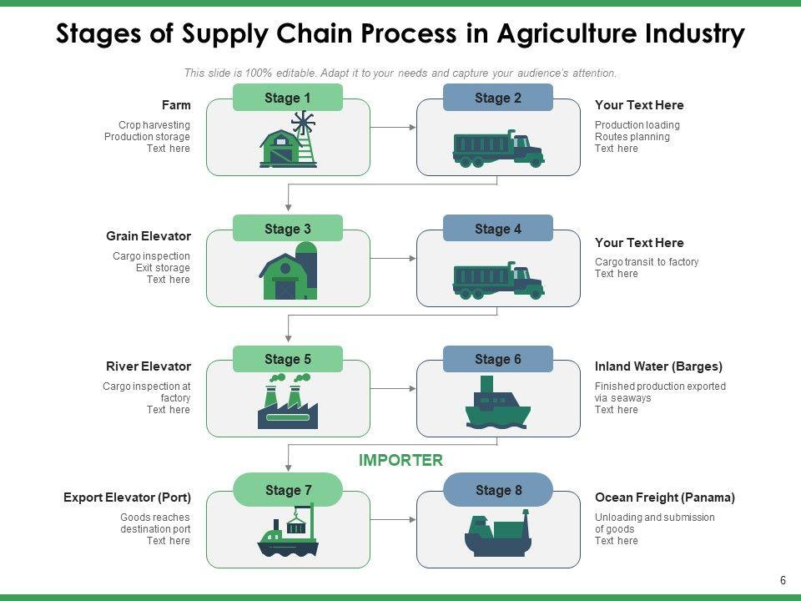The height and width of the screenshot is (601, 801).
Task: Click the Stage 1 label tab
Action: [x=287, y=98]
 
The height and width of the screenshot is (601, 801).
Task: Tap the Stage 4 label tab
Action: [x=497, y=229]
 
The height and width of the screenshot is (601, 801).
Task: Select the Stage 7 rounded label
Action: [x=287, y=490]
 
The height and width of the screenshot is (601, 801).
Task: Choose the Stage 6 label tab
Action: [x=497, y=360]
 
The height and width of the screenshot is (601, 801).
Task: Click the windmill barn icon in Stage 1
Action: [x=289, y=142]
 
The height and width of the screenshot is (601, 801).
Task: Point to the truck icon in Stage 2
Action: [x=498, y=149]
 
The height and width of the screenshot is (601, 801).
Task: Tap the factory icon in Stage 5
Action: [x=288, y=402]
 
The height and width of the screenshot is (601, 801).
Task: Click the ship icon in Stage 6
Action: [x=497, y=403]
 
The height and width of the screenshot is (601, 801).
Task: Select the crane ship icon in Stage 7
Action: [x=288, y=532]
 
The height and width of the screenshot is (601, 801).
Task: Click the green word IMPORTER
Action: [x=400, y=461]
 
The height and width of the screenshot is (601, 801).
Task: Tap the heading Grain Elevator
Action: [x=149, y=236]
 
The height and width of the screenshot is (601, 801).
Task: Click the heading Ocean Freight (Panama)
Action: [x=664, y=497]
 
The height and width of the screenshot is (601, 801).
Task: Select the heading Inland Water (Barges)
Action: [x=658, y=366]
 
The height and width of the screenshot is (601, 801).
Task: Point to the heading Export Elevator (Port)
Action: [x=127, y=497]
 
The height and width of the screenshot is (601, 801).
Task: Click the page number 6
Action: [x=783, y=580]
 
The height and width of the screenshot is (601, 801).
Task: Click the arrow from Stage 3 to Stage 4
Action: [x=393, y=259]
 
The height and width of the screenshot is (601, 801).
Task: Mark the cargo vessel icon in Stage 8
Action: [x=497, y=535]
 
